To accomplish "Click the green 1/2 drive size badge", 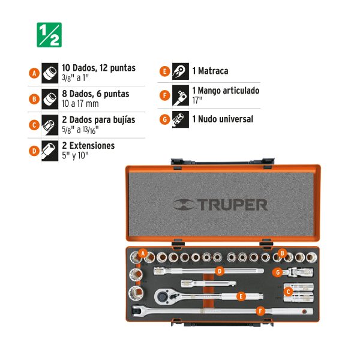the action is (49, 35).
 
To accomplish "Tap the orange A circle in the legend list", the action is (34, 73).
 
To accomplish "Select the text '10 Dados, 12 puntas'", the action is (99, 68).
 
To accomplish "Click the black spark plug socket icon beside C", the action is (50, 125).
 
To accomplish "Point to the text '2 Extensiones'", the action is (88, 146).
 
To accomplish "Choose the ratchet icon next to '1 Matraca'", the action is (181, 71).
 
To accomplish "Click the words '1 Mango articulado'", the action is (226, 91).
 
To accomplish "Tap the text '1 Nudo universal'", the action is (223, 119).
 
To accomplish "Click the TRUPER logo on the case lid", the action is (220, 205).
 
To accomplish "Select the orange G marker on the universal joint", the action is (278, 272).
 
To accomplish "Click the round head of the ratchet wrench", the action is (163, 296).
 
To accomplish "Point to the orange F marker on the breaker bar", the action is (260, 311).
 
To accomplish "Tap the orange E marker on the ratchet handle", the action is (241, 296).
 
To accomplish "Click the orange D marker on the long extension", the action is (220, 271).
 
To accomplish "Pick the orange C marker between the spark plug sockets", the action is (288, 292).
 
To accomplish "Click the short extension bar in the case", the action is (208, 284).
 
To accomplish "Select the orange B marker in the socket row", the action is (282, 253).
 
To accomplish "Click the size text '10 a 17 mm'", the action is (80, 104).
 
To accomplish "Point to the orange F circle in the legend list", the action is (165, 95).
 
